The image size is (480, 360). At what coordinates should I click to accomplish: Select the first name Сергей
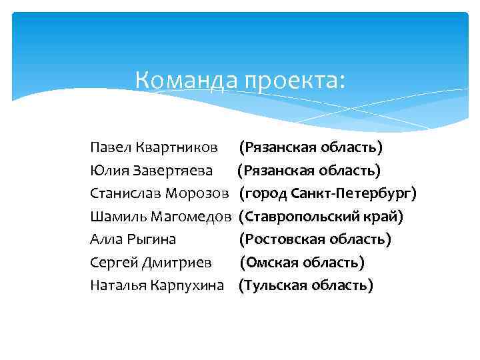click(x=113, y=263)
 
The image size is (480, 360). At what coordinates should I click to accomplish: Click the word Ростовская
click(x=284, y=239)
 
